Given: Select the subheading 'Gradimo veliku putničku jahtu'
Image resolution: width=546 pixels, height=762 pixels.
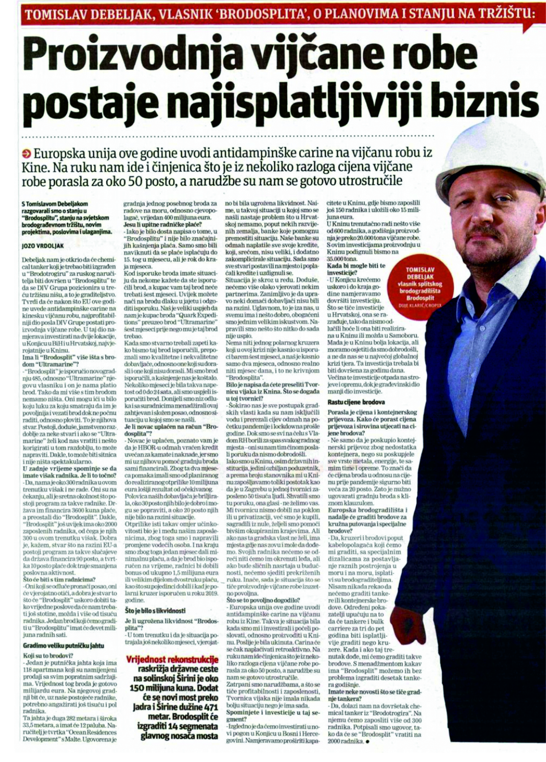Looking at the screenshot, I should click(x=64, y=646).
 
